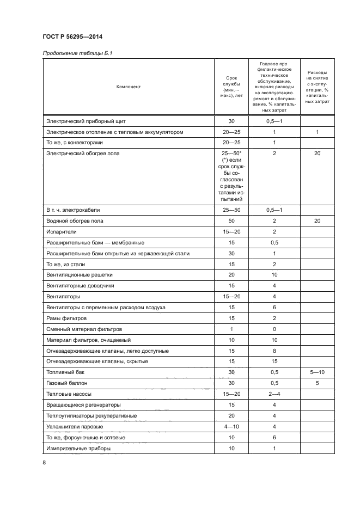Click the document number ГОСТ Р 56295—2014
click(72, 37)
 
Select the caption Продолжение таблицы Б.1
click(76, 53)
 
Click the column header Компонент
click(128, 87)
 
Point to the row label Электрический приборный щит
click(86, 121)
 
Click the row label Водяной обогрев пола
click(75, 220)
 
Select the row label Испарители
click(61, 231)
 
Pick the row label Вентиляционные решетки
click(79, 275)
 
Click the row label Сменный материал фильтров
click(84, 329)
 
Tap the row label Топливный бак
click(65, 372)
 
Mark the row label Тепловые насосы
click(68, 394)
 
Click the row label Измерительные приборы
click(78, 448)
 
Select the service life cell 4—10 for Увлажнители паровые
click(231, 426)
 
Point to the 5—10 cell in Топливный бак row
click(317, 372)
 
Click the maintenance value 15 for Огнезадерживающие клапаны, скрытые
click(274, 361)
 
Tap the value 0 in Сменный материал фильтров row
click(274, 329)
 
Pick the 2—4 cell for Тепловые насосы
click(274, 394)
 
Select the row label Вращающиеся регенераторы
click(83, 405)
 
